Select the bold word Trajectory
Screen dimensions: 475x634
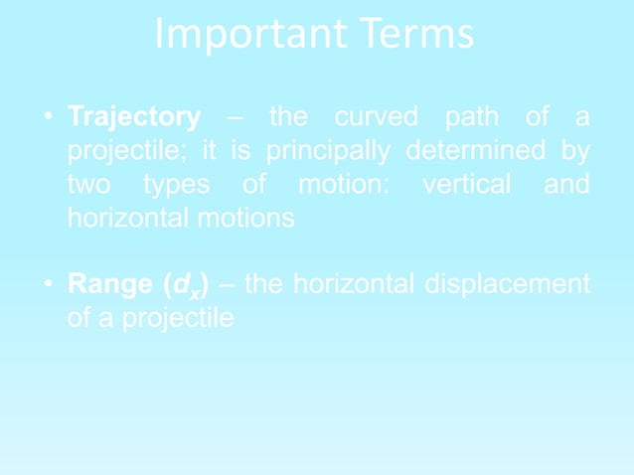pyautogui.click(x=133, y=118)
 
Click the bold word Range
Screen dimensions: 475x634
pyautogui.click(x=107, y=286)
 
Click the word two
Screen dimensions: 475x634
pyautogui.click(x=90, y=186)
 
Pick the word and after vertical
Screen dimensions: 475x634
pyautogui.click(x=566, y=186)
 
